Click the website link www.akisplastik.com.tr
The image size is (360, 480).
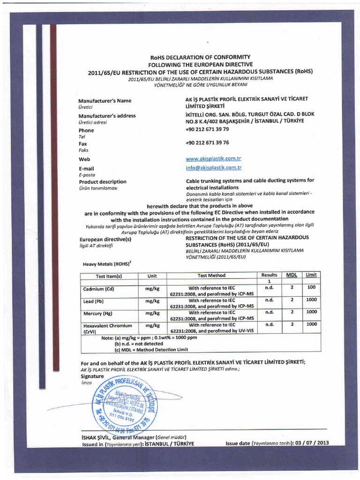pos(213,159)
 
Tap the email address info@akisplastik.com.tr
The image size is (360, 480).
pos(213,167)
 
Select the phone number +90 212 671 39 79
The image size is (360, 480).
pos(207,129)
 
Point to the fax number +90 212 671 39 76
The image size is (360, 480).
pos(207,142)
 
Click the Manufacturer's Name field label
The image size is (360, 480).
pos(105,101)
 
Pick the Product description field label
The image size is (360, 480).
pos(102,181)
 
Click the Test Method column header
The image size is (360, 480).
pos(211,275)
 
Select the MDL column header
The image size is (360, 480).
pos(292,275)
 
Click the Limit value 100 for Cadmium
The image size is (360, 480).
pos(312,286)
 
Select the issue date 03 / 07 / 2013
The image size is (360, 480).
pos(311,443)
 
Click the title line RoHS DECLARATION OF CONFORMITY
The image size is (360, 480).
pos(200,57)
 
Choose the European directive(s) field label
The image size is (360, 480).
pos(105,240)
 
